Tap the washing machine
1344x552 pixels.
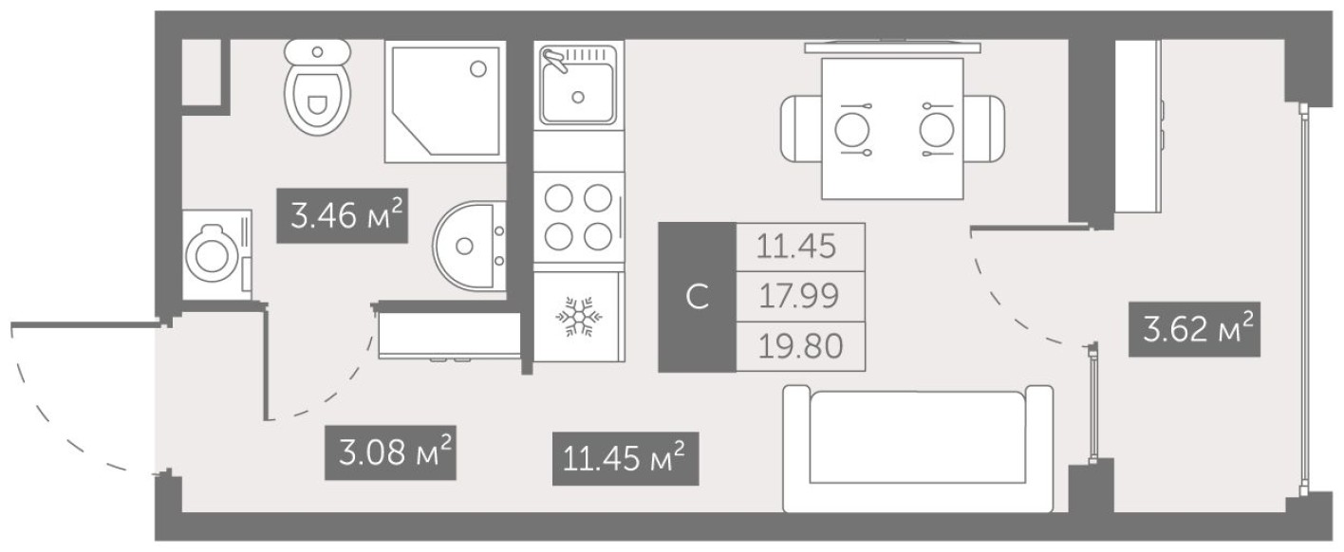pos(216,255)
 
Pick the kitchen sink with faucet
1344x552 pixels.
pos(577,87)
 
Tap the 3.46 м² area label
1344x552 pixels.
pos(342,217)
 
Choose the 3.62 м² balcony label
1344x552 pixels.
pos(1194,330)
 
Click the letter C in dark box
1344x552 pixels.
pos(697,297)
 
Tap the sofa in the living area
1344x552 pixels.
pos(917,448)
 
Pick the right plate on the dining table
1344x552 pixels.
pos(937,128)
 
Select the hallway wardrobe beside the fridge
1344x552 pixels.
pos(449,334)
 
